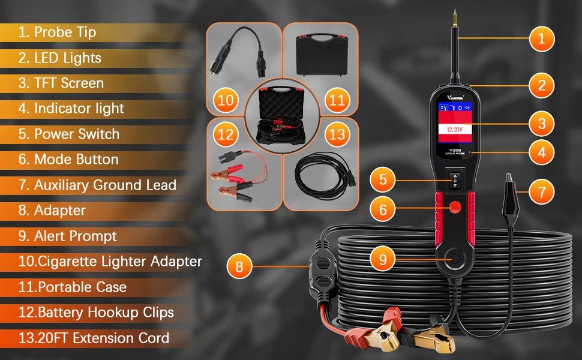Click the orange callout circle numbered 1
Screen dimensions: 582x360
point(542,38)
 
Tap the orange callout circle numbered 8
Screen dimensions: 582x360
point(239,266)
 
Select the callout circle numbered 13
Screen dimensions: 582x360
point(337,134)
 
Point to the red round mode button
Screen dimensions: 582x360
point(455,207)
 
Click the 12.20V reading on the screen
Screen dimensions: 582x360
point(455,130)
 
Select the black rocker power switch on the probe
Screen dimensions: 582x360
point(455,180)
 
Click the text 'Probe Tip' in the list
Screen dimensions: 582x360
point(65,32)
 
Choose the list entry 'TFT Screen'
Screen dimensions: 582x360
point(69,83)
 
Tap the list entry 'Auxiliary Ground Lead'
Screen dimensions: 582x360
point(105,185)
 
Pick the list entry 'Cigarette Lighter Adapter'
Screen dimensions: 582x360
point(120,261)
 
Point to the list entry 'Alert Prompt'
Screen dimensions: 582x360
point(76,236)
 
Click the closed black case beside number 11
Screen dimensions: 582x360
point(322,55)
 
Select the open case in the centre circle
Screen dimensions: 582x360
point(282,115)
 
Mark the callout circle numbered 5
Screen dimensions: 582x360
point(383,180)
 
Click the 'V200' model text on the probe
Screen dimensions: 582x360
point(455,150)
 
